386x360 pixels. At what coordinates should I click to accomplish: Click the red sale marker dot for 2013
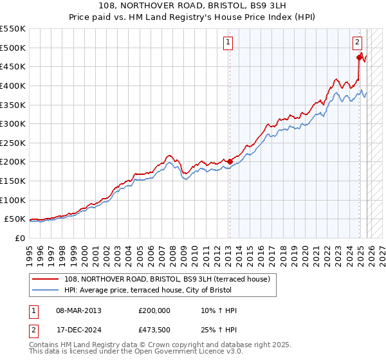pyautogui.click(x=230, y=161)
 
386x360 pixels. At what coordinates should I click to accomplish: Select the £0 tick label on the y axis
pyautogui.click(x=21, y=238)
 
